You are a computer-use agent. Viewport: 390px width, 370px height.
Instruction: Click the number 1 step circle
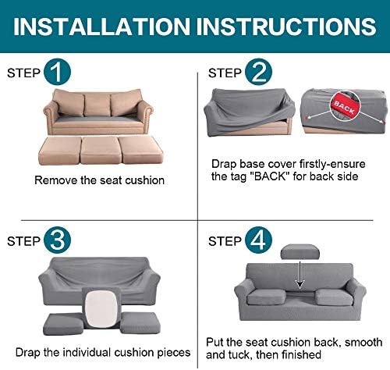[x=57, y=72]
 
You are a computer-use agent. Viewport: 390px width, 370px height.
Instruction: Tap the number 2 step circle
[x=258, y=72]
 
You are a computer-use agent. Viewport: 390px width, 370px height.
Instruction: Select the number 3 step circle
[x=57, y=240]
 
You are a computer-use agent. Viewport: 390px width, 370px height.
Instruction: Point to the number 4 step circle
[x=258, y=240]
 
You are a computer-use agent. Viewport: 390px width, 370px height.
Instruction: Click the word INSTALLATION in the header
[x=101, y=27]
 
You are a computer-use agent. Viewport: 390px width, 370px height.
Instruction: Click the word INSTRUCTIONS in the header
[x=286, y=27]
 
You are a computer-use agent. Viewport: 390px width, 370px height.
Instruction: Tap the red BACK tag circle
[x=346, y=105]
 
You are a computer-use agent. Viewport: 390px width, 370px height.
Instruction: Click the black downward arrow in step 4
[x=300, y=275]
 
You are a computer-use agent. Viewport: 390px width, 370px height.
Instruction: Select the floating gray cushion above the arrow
[x=300, y=251]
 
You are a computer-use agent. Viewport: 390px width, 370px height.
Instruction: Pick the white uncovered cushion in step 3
[x=101, y=308]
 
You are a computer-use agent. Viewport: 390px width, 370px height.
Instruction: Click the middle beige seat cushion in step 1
[x=101, y=150]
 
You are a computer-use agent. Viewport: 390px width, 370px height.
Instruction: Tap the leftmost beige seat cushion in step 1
[x=60, y=151]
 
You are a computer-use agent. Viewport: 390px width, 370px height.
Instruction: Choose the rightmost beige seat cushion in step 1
[x=140, y=150]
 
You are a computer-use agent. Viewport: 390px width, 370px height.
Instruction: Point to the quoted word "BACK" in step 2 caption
[x=269, y=176]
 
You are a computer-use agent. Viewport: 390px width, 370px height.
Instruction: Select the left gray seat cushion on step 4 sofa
[x=266, y=297]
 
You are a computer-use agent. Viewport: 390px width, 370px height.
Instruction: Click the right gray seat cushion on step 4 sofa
[x=334, y=297]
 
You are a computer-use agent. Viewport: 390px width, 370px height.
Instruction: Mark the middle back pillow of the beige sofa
[x=97, y=104]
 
